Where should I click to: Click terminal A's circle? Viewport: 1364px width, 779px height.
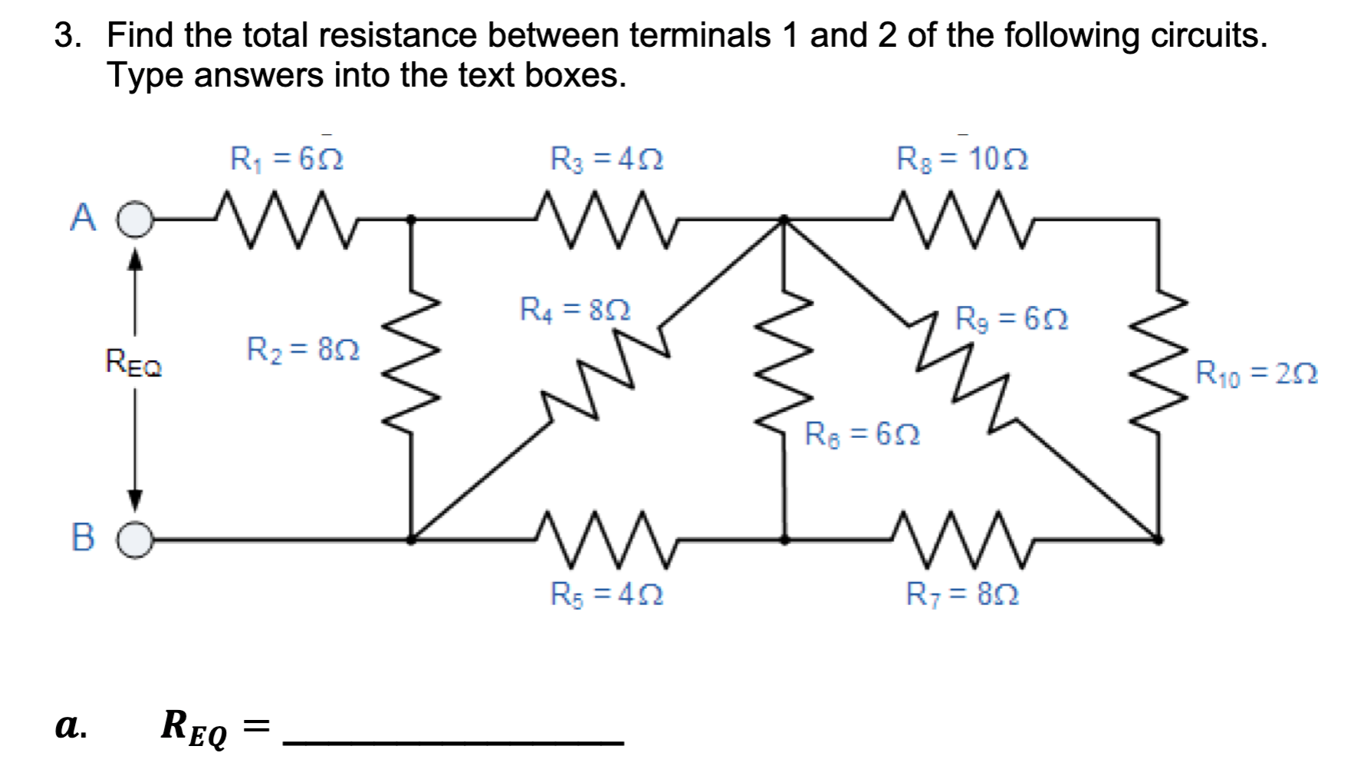click(x=136, y=220)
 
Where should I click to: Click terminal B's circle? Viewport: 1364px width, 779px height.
click(x=136, y=540)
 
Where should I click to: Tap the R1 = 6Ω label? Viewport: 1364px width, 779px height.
click(x=287, y=159)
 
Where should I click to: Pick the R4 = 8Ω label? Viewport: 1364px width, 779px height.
click(x=575, y=309)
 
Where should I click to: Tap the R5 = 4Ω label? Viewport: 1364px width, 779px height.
click(x=606, y=594)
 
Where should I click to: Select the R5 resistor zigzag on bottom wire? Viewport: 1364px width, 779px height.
click(x=606, y=540)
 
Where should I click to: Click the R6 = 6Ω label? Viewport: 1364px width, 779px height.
click(x=862, y=434)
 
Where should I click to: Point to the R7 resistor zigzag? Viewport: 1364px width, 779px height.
click(x=962, y=540)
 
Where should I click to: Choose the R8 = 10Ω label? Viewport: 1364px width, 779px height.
click(x=962, y=159)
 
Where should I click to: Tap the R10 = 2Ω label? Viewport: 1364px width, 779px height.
click(x=1257, y=373)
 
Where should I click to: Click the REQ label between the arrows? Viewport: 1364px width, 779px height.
click(x=134, y=362)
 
